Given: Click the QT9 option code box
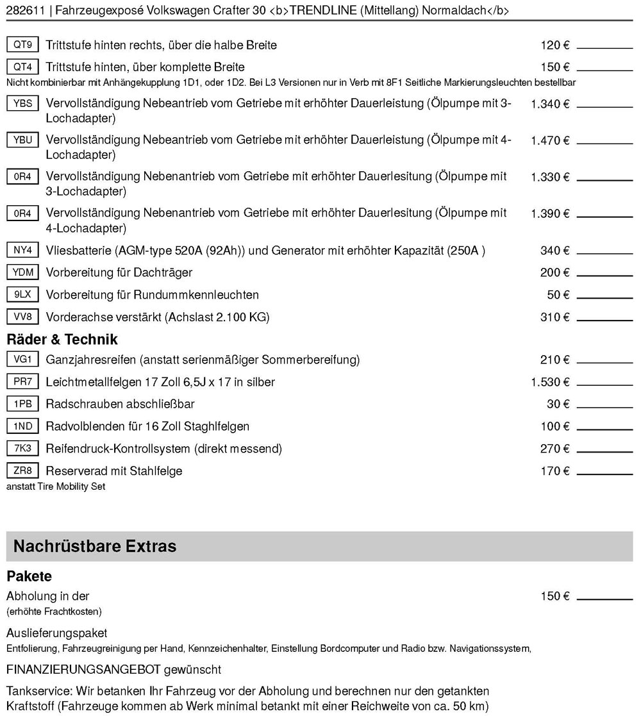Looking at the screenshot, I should point(22,45).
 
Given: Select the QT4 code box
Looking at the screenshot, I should point(22,67).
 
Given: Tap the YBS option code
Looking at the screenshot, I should point(22,104).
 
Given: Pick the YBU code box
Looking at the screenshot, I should point(22,140).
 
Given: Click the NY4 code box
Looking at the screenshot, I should point(22,250).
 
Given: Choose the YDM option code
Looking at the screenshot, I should point(22,272).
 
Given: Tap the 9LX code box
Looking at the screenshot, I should point(22,295).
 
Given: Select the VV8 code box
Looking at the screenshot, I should point(22,317).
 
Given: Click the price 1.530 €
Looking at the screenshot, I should point(550,382).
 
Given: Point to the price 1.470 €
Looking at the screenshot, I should point(550,140).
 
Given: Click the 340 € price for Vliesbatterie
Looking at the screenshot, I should point(554,251).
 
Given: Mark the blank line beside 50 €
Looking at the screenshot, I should point(604,298).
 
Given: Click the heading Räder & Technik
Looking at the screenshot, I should point(53,339).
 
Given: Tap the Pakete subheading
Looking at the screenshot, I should point(29,576).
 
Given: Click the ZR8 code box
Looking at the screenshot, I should point(22,471).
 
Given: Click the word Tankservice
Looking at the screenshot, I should point(38,692).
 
